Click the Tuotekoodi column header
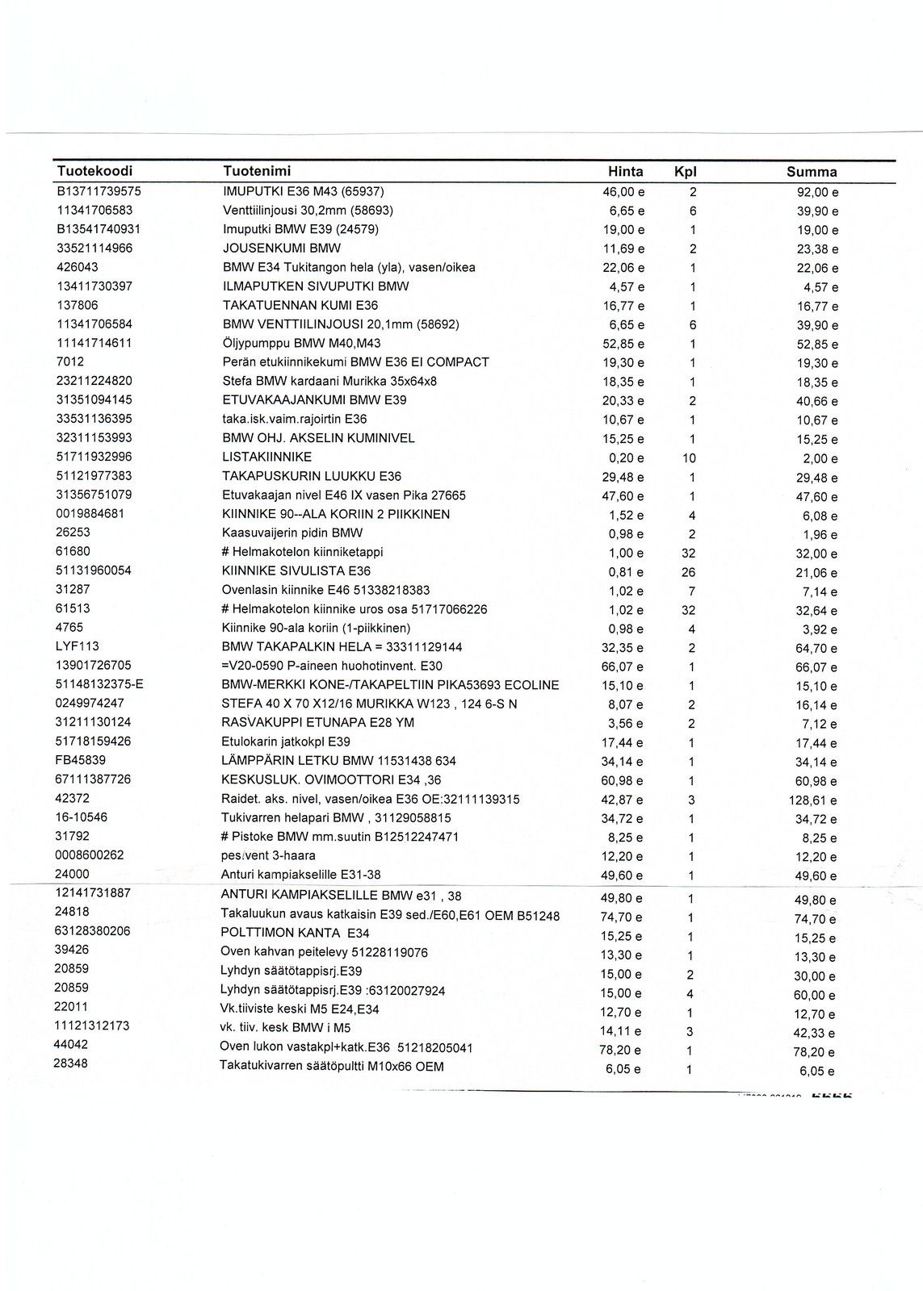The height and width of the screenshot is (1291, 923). coord(94,171)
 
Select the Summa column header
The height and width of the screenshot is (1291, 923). coord(812,172)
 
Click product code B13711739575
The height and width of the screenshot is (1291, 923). coord(99,191)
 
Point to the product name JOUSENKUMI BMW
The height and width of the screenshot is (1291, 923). coord(281,249)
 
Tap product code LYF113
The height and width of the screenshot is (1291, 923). coord(78,646)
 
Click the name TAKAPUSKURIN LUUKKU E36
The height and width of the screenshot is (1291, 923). coord(312,476)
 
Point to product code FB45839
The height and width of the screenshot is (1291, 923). coord(81,760)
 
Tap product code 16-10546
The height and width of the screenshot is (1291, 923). coord(82,817)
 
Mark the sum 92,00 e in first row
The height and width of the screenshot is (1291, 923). coord(817,193)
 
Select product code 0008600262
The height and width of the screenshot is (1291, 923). coord(89,855)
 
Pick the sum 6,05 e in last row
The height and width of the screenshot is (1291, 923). coord(818,1071)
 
